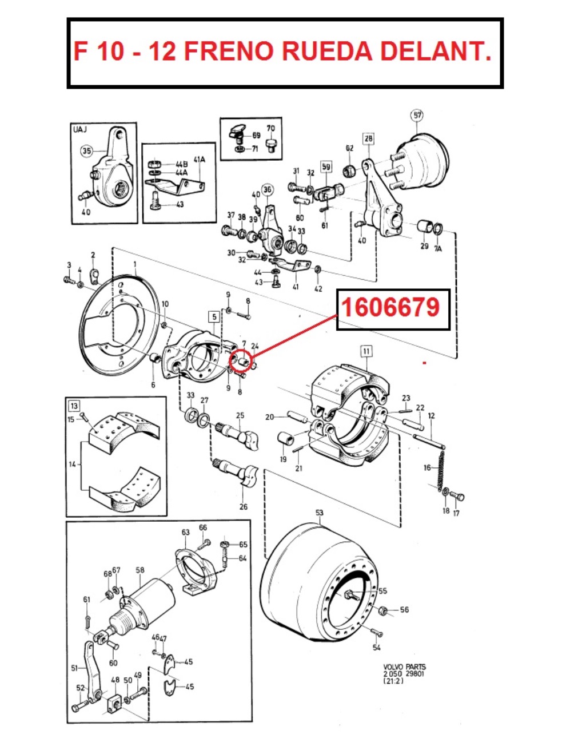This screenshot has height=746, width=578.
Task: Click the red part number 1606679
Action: coord(391,308)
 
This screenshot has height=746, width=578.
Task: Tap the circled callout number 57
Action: coord(417,115)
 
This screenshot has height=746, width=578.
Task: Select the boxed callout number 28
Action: coord(368,138)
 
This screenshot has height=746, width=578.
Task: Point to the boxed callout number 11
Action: coord(366,351)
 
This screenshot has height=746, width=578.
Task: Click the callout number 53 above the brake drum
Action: coord(319,513)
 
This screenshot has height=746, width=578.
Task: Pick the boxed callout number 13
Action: coord(74,406)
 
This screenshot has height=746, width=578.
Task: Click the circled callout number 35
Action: coord(86,151)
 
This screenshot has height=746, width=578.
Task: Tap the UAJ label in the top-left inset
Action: coord(81,129)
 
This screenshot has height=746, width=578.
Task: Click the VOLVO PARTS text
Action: coord(404,667)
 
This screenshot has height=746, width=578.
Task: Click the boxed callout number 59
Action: coord(326,167)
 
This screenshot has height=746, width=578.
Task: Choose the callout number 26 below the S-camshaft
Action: coord(244,506)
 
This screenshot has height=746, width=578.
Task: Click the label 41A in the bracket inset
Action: coord(199,160)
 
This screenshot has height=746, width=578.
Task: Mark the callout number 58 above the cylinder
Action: coord(141,569)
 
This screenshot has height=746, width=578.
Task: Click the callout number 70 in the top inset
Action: coord(270,128)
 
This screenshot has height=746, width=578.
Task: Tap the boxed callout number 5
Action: coord(214,316)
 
